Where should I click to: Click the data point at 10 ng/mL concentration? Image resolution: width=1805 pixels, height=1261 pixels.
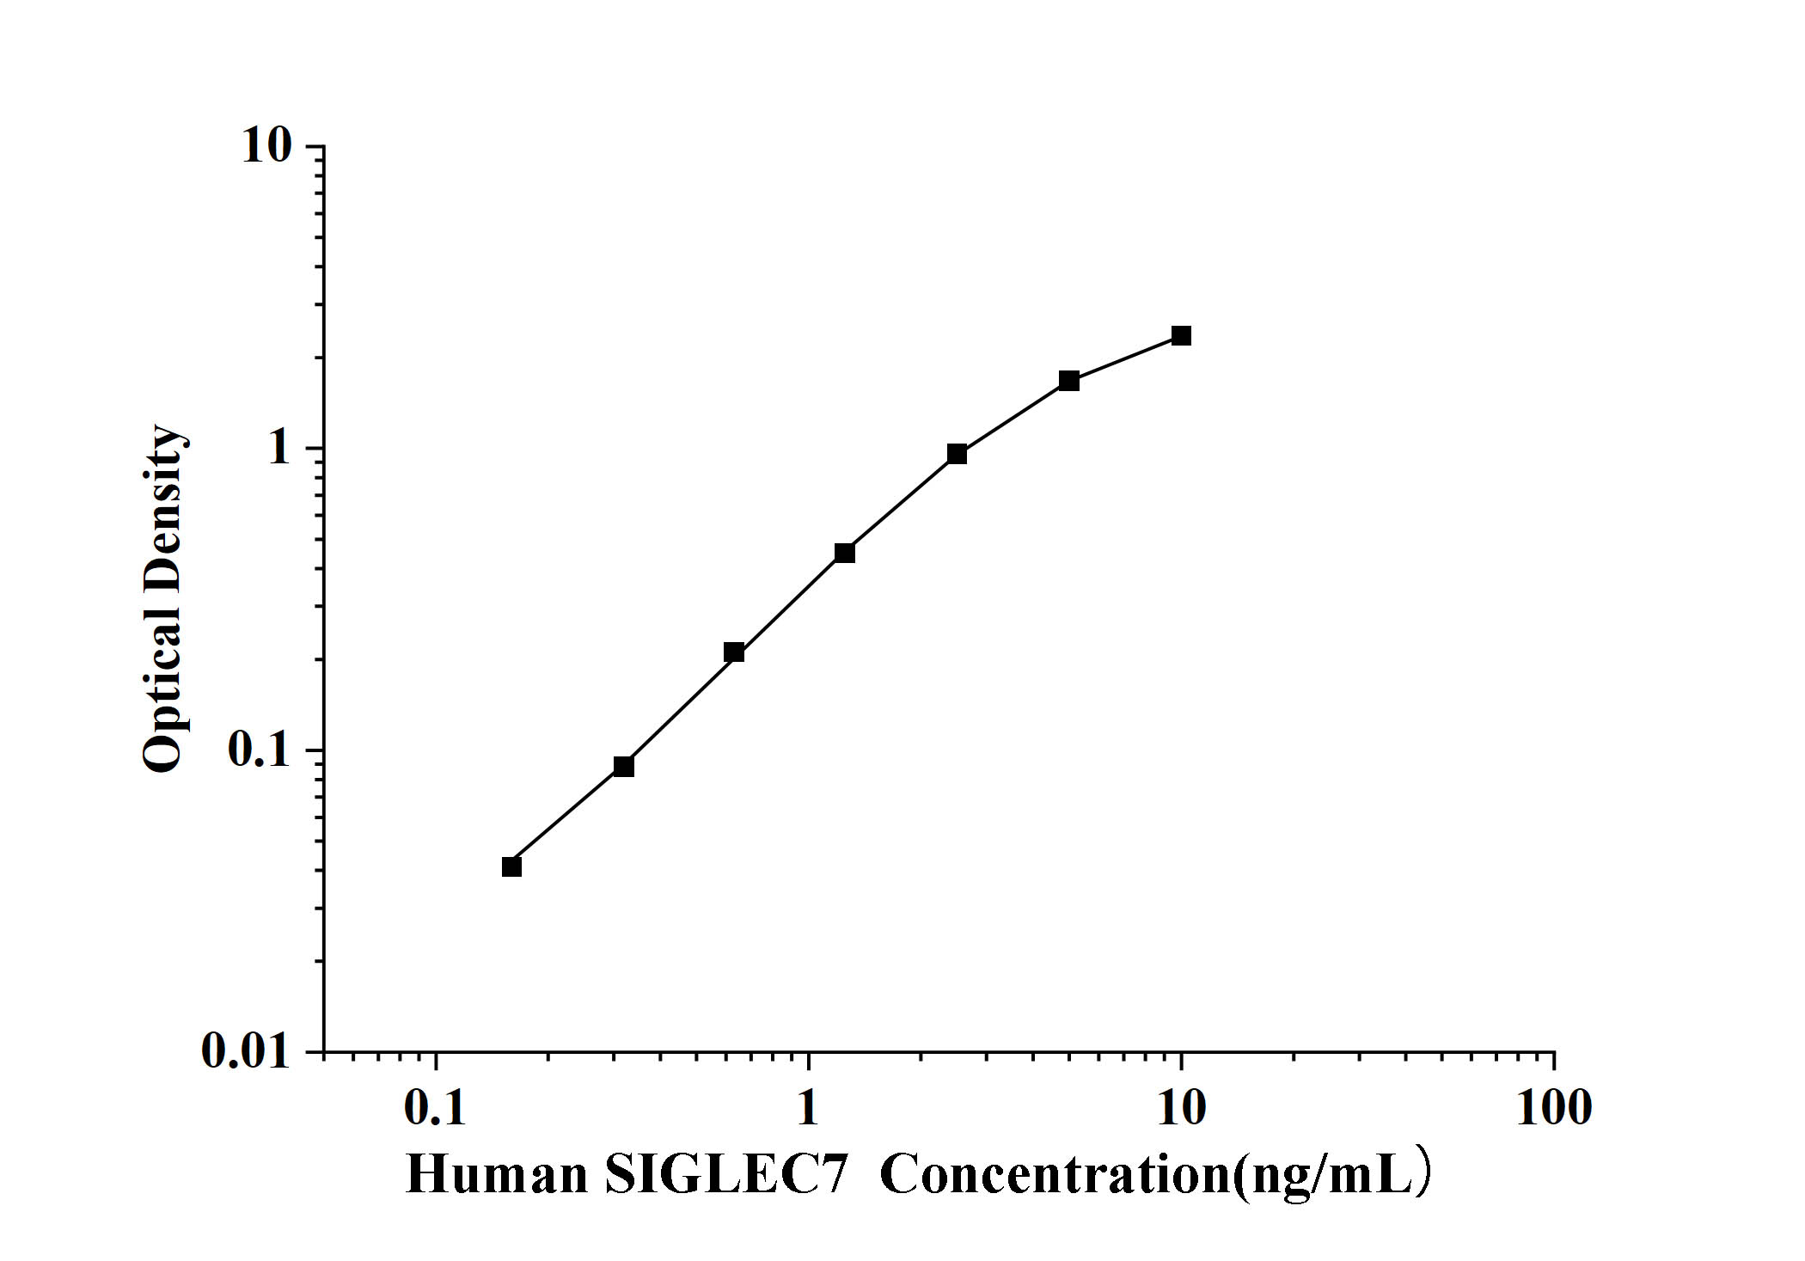click(1181, 335)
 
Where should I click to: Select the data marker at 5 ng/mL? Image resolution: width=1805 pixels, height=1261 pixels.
click(1068, 380)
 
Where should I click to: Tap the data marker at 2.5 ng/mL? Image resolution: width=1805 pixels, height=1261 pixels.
click(957, 454)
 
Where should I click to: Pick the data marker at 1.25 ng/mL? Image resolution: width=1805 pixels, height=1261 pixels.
click(844, 553)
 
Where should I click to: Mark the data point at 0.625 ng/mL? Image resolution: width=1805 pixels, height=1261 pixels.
click(733, 652)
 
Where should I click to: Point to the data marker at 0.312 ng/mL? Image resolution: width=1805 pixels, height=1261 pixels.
click(623, 766)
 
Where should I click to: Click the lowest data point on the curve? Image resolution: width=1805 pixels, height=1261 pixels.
click(511, 866)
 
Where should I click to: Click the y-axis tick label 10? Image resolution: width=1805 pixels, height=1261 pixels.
click(266, 147)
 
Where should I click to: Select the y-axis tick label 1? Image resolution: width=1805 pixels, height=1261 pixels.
click(280, 449)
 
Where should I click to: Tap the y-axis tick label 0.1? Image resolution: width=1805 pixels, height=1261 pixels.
click(260, 750)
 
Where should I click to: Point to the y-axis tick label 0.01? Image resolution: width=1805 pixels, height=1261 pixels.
click(247, 1051)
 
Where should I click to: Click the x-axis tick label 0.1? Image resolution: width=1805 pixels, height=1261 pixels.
click(435, 1108)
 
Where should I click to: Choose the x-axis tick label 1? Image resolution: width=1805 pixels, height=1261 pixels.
click(807, 1108)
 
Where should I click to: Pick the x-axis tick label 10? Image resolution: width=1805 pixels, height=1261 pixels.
click(1181, 1108)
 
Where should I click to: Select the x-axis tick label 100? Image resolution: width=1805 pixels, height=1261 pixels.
click(1553, 1108)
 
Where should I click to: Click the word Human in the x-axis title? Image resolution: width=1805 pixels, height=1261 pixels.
click(497, 1174)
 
